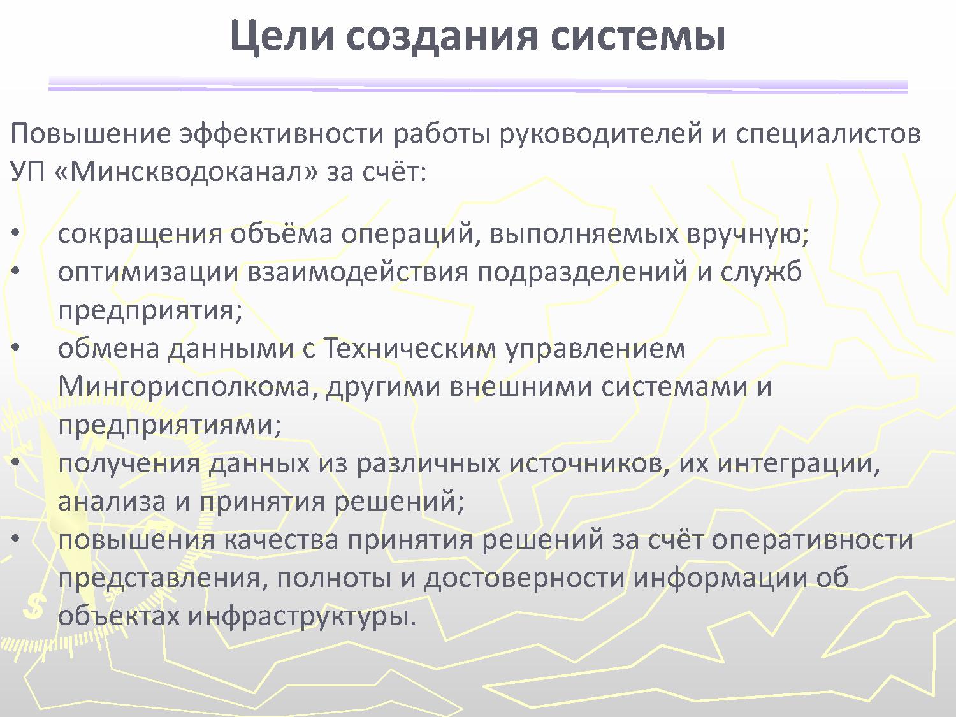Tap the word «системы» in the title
[x=637, y=36]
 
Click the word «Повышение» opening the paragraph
[x=90, y=134]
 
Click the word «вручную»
[x=748, y=234]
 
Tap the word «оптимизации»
[x=148, y=273]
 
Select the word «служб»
[x=761, y=272]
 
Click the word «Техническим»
[x=410, y=349]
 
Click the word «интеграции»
[x=799, y=463]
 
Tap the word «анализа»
[x=112, y=502]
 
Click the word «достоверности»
[x=525, y=579]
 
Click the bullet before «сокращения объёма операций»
[x=16, y=233]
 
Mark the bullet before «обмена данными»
[x=16, y=348]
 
